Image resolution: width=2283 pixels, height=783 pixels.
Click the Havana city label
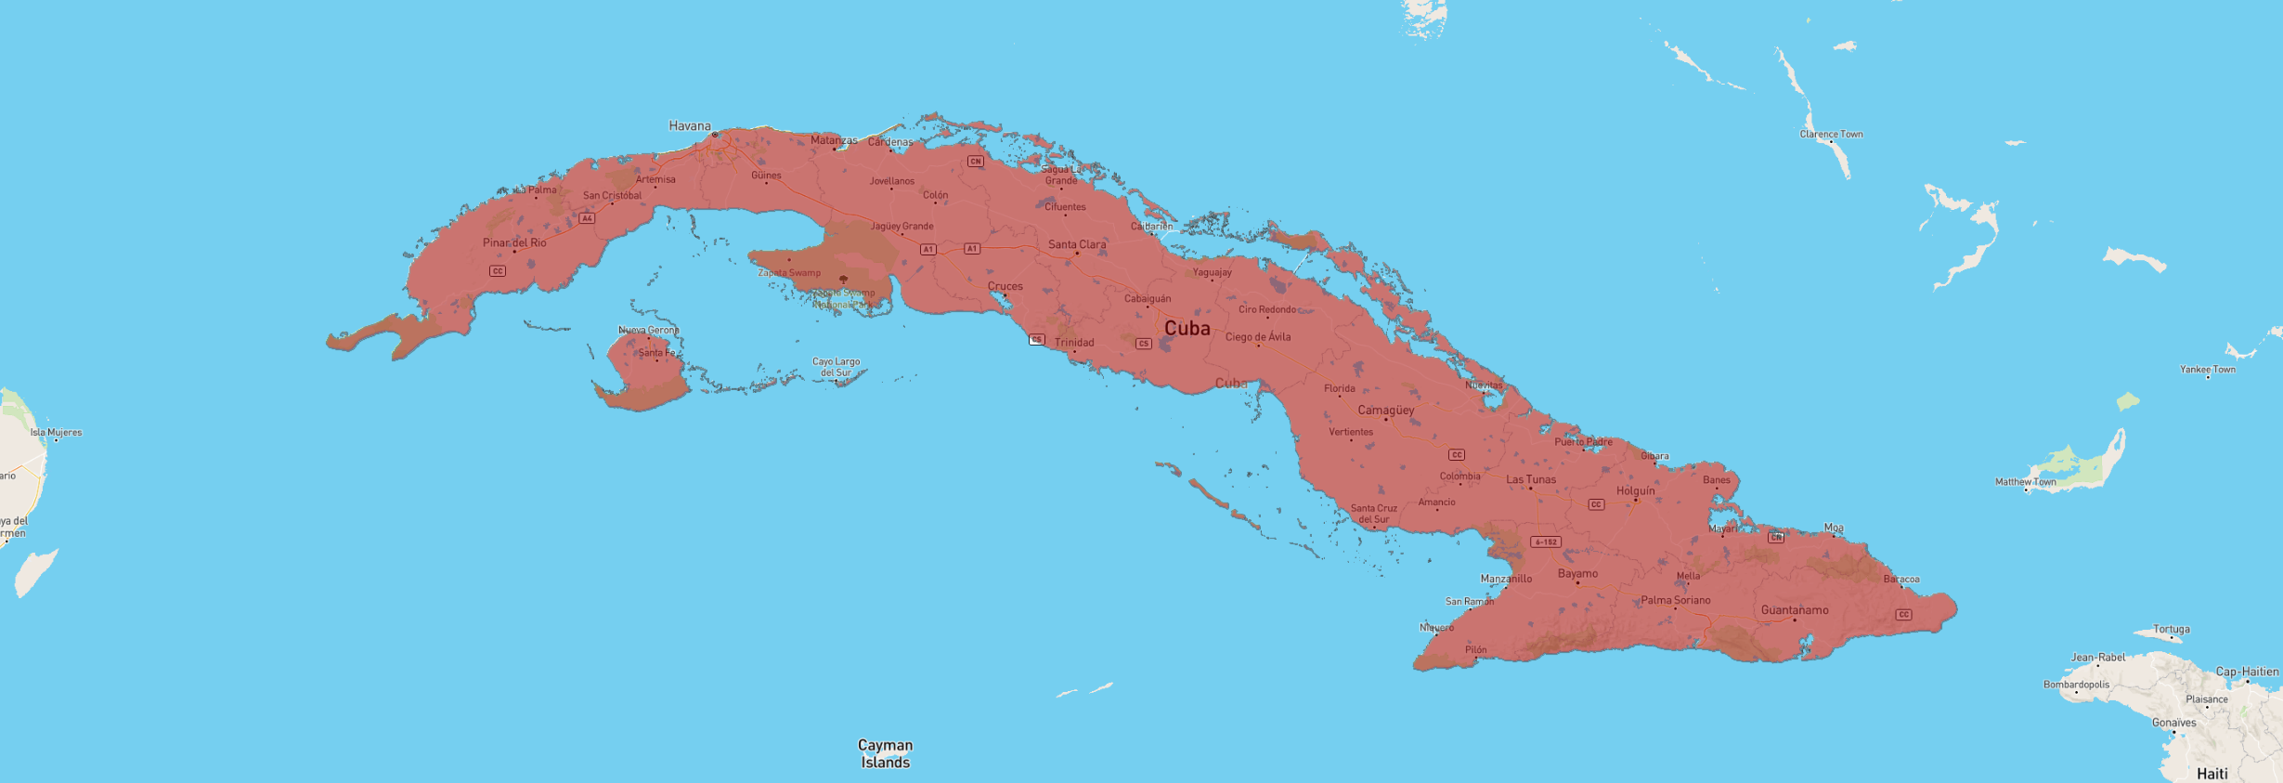[x=690, y=126]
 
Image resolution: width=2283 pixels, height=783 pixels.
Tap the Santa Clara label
[x=1077, y=244]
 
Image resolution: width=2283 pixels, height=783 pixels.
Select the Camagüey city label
[x=1385, y=410]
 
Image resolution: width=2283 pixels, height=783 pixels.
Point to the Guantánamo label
[x=1794, y=610]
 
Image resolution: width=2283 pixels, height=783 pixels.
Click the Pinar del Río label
[x=514, y=242]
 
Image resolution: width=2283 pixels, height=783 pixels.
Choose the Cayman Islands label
[x=885, y=753]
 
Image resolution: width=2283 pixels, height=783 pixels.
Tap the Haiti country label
[x=2212, y=773]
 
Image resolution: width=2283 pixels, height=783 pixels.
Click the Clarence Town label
[x=1831, y=134]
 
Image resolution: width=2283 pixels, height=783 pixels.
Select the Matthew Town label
[x=2025, y=482]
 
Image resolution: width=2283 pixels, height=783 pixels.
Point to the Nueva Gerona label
[x=648, y=330]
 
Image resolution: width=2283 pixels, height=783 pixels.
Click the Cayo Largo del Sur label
[x=836, y=367]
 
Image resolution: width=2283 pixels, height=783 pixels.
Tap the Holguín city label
[x=1635, y=490]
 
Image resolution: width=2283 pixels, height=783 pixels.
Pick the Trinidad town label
[x=1074, y=342]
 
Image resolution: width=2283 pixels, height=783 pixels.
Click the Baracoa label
[x=1900, y=579]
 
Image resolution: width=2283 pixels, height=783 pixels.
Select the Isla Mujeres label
[x=56, y=432]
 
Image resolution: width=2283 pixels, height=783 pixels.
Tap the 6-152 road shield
[x=1545, y=542]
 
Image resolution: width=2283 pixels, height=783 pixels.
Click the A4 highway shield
[x=587, y=218]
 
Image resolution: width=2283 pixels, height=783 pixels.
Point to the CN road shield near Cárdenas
[x=975, y=161]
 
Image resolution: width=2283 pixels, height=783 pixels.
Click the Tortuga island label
[x=2171, y=629]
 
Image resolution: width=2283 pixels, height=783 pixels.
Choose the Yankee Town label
[x=2207, y=369]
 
